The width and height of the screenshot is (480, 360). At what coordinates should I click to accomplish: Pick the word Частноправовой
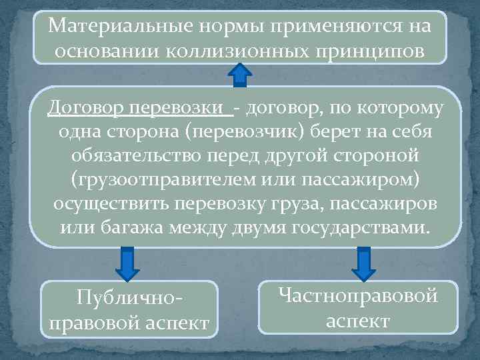(358, 295)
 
